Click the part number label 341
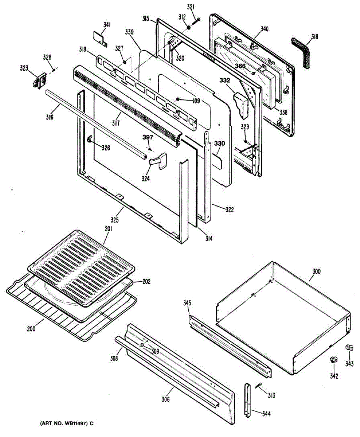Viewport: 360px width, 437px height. click(107, 25)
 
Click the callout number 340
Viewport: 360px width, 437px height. click(264, 29)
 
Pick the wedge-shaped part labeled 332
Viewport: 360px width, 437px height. click(242, 105)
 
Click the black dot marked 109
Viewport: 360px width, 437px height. click(177, 99)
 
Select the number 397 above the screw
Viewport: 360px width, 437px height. click(148, 137)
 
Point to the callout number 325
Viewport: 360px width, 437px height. click(119, 220)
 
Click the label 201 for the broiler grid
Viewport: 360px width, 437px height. click(109, 229)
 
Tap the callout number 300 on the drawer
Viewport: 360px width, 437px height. click(317, 271)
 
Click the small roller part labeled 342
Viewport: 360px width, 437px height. click(333, 360)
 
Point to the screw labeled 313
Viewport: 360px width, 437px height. click(259, 386)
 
